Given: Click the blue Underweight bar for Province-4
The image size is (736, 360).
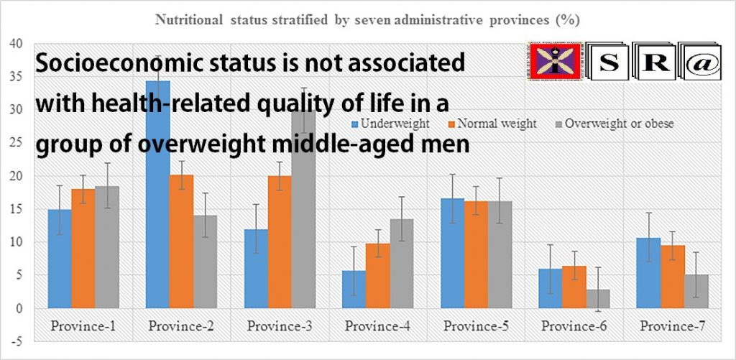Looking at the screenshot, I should tap(354, 290).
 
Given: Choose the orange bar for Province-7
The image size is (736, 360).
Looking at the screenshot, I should tap(673, 277).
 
